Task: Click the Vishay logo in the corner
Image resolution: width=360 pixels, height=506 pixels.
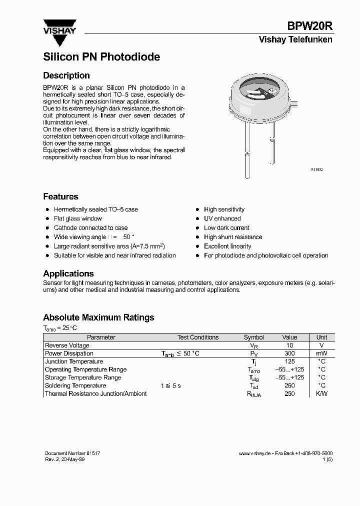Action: click(x=59, y=26)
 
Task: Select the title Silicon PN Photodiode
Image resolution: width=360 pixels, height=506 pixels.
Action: click(x=101, y=57)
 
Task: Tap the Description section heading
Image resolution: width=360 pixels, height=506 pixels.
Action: click(x=66, y=75)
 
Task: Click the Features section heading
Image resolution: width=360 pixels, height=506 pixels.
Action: click(x=60, y=196)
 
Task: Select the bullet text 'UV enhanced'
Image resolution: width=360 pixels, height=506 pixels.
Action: click(x=222, y=218)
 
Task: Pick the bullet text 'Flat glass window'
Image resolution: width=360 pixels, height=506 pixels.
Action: click(x=77, y=218)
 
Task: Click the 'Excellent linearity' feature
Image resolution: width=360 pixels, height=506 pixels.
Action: click(x=227, y=246)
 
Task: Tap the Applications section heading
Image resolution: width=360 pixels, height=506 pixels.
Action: click(x=68, y=273)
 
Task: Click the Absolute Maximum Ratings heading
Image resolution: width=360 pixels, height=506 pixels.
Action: click(x=98, y=317)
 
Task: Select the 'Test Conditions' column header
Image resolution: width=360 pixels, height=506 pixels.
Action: click(x=198, y=337)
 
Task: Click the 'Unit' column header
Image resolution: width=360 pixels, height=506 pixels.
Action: click(x=321, y=337)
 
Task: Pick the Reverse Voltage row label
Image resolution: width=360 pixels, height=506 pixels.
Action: click(x=67, y=345)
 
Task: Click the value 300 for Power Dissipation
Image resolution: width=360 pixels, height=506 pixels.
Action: click(x=289, y=353)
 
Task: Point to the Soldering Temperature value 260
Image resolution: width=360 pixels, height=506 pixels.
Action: click(x=289, y=385)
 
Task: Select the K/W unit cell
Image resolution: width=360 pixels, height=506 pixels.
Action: click(x=321, y=393)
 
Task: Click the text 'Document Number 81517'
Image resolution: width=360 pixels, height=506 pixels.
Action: click(x=72, y=453)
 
